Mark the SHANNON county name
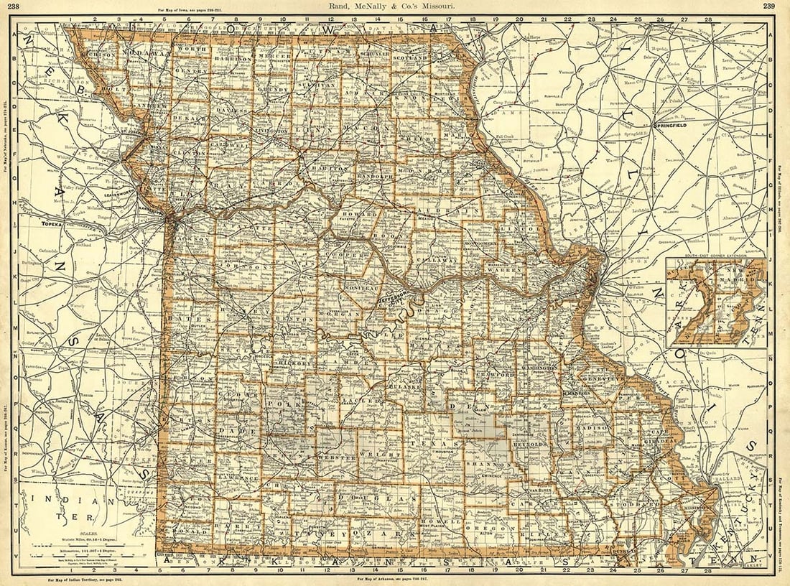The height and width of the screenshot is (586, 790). (488, 465)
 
